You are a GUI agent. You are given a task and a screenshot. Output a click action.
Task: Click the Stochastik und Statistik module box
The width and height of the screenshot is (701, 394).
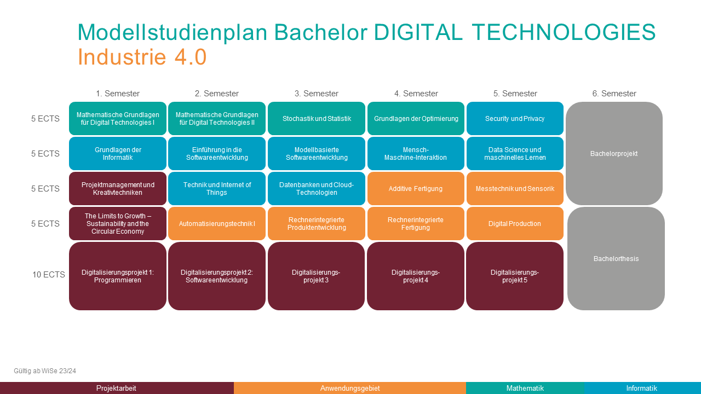317,119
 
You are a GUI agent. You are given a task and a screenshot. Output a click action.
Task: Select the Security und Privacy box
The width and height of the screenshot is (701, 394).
515,119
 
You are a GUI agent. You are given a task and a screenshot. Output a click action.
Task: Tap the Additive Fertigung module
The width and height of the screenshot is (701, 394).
416,189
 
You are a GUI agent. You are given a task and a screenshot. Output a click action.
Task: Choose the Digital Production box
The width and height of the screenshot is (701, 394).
515,224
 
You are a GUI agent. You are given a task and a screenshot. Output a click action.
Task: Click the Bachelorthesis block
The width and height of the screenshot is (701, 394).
616,259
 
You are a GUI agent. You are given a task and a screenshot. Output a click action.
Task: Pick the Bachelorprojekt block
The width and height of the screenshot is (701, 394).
614,154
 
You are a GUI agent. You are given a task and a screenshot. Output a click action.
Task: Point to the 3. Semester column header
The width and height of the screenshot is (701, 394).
317,94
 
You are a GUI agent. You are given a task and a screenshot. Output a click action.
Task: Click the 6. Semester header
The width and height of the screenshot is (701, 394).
614,94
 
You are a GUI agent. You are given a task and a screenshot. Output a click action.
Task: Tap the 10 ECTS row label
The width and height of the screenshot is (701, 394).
49,275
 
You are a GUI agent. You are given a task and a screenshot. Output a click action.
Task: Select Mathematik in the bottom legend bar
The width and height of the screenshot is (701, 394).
525,388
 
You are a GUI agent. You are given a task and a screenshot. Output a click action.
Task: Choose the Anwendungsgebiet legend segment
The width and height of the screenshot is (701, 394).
350,388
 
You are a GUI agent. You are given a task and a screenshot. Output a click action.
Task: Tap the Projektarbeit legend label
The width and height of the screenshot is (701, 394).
116,388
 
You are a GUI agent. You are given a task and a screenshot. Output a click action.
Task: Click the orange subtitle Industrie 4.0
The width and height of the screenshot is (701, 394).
142,57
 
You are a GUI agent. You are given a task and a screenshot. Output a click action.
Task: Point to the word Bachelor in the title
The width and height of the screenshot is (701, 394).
321,32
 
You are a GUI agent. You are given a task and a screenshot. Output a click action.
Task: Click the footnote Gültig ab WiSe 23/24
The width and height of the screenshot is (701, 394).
45,371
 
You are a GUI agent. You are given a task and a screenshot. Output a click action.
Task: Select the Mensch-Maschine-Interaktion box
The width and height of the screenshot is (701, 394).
416,154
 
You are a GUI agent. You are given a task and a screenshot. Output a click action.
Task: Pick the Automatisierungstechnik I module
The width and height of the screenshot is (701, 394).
216,224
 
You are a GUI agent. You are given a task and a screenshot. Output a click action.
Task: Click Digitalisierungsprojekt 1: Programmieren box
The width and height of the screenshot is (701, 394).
118,276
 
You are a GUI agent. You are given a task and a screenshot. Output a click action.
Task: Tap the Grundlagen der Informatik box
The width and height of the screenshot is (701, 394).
118,154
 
